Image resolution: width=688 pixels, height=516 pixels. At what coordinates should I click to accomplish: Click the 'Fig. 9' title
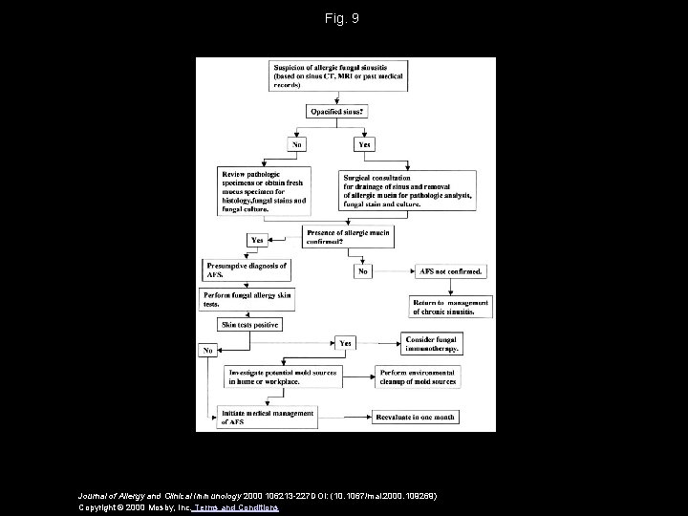tap(343, 18)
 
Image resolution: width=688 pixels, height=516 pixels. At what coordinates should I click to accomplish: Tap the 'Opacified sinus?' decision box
tap(337, 113)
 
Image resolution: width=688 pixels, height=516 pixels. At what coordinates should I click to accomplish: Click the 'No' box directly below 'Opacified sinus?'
tap(297, 145)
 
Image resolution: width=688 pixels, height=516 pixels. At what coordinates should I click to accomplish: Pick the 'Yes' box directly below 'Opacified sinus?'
tap(364, 145)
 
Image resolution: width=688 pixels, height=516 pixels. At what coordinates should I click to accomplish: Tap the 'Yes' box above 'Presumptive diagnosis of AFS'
tap(257, 240)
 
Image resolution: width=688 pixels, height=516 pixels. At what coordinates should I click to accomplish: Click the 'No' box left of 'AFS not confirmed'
tap(363, 271)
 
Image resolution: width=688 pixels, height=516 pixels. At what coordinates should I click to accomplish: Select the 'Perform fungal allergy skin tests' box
tap(247, 299)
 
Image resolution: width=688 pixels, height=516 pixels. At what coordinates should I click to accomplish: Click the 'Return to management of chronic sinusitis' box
tap(450, 306)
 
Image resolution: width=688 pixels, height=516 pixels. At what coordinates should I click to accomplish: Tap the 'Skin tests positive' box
tap(250, 326)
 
